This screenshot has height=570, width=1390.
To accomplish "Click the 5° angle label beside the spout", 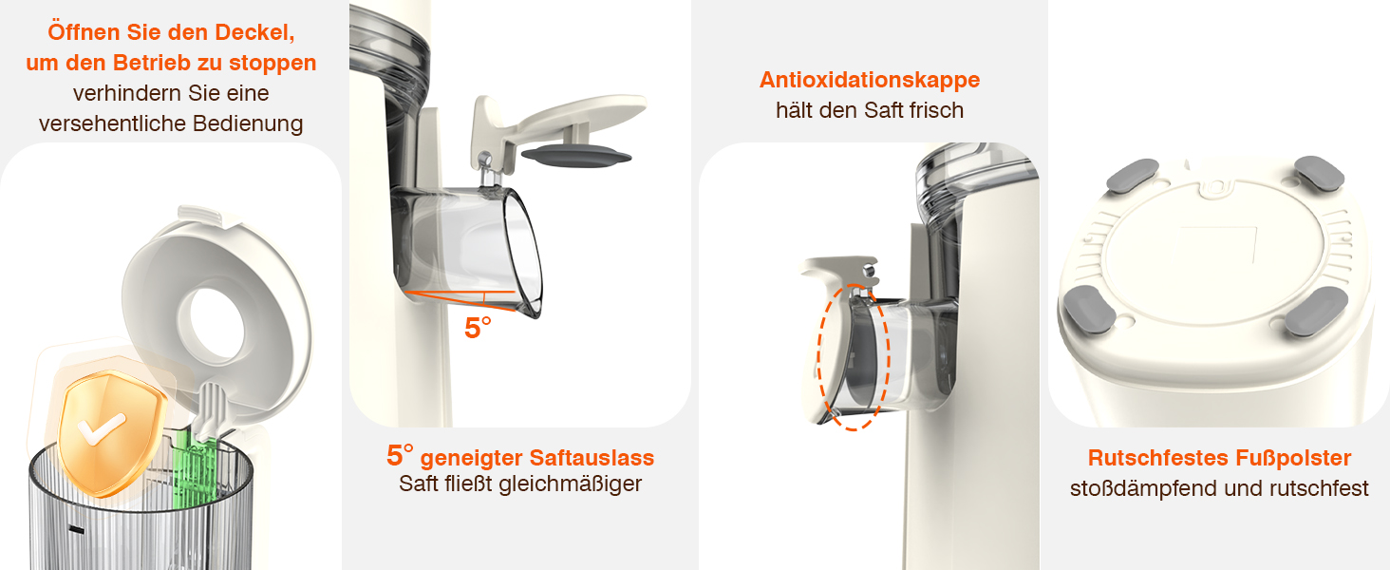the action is [478, 328].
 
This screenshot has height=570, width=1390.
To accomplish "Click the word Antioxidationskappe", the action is [870, 80].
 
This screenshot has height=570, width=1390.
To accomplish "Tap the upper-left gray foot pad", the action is [1133, 175].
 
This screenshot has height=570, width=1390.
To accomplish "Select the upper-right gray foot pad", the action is [1319, 173].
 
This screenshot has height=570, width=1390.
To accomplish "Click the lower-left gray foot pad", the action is [1090, 309].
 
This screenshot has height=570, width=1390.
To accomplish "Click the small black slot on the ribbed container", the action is [76, 530].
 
